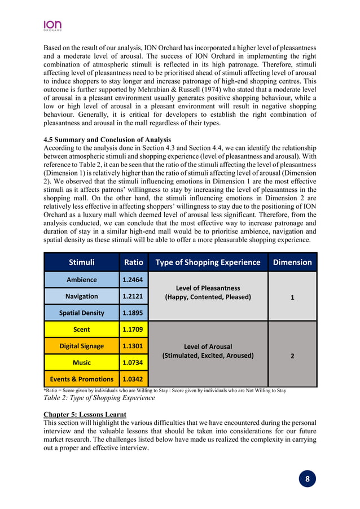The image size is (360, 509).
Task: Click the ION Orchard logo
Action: coord(52,25)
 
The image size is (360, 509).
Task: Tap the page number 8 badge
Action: coord(308,479)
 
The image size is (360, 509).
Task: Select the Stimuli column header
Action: coord(81,262)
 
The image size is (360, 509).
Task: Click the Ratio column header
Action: coord(133,262)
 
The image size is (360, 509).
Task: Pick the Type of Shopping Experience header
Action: coord(208,262)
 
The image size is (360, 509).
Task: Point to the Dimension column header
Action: coord(292,262)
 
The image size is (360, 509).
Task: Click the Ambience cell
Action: coord(81,280)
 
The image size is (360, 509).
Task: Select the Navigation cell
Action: coord(81,296)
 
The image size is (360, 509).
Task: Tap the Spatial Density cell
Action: coord(81,313)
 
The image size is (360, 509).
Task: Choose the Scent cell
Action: coord(81,330)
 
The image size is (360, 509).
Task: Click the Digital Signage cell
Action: coord(81,346)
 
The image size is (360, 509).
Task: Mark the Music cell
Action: coord(81,362)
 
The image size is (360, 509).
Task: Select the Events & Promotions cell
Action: coord(81,379)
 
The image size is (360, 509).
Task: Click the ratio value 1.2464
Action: coord(133,280)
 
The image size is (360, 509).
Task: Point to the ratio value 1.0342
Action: coord(133,379)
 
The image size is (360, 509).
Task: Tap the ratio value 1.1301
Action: coord(133,346)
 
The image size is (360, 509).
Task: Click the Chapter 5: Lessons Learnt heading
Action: coord(85,415)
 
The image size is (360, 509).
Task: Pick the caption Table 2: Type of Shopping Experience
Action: coord(99,398)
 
